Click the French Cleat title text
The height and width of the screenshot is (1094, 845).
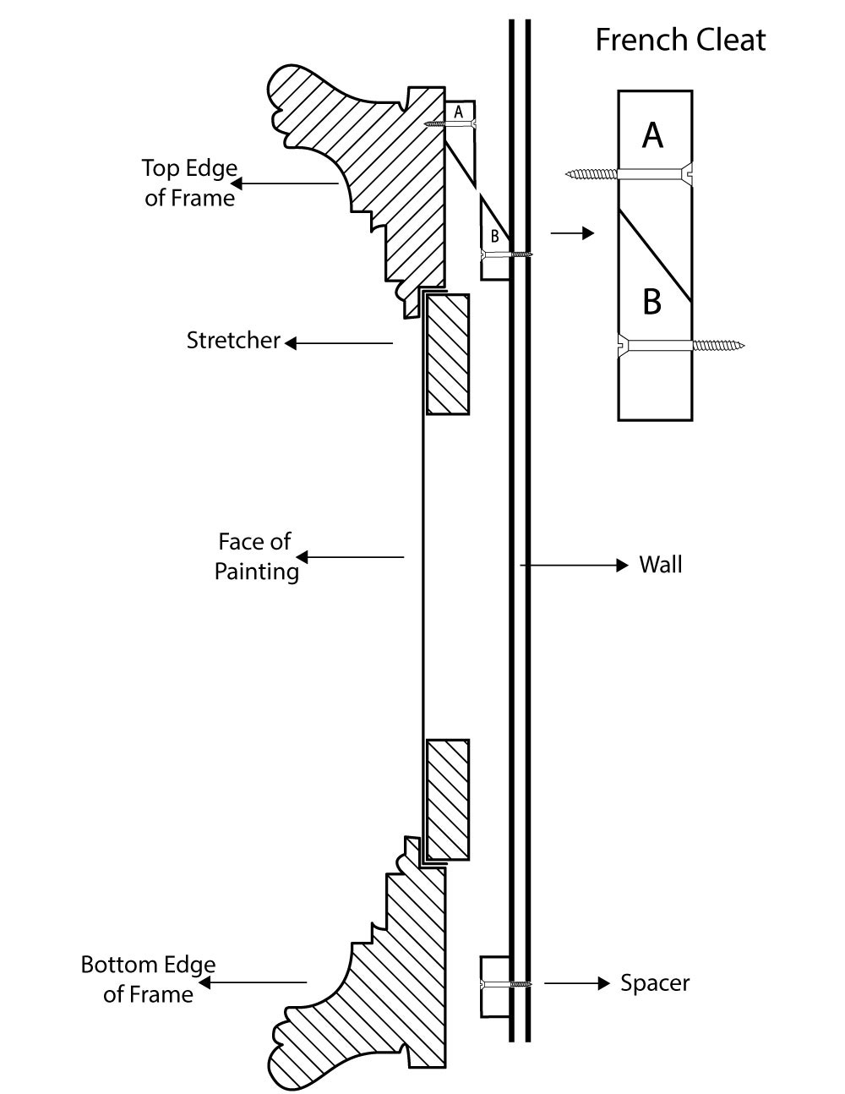(x=680, y=40)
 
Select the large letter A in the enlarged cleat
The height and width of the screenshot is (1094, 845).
(x=652, y=134)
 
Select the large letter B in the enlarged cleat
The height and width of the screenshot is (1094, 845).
(x=651, y=301)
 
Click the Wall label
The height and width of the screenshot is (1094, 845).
(x=660, y=564)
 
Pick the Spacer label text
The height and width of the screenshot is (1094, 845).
(x=655, y=982)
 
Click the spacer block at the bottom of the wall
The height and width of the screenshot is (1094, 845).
(x=494, y=985)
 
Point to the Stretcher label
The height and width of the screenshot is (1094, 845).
(x=233, y=341)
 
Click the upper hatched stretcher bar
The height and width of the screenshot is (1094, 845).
(x=447, y=353)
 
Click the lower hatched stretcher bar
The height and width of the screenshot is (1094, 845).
(x=448, y=799)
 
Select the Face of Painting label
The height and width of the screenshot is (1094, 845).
(x=256, y=556)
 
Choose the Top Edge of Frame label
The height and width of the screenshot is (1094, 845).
(x=189, y=183)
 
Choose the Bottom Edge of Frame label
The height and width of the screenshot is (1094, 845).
(x=148, y=979)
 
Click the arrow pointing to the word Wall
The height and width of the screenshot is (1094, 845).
(x=575, y=564)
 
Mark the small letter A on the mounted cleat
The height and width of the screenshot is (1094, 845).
(x=459, y=111)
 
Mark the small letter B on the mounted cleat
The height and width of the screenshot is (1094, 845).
(x=494, y=237)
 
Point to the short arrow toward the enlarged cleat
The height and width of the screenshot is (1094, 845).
(x=572, y=233)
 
